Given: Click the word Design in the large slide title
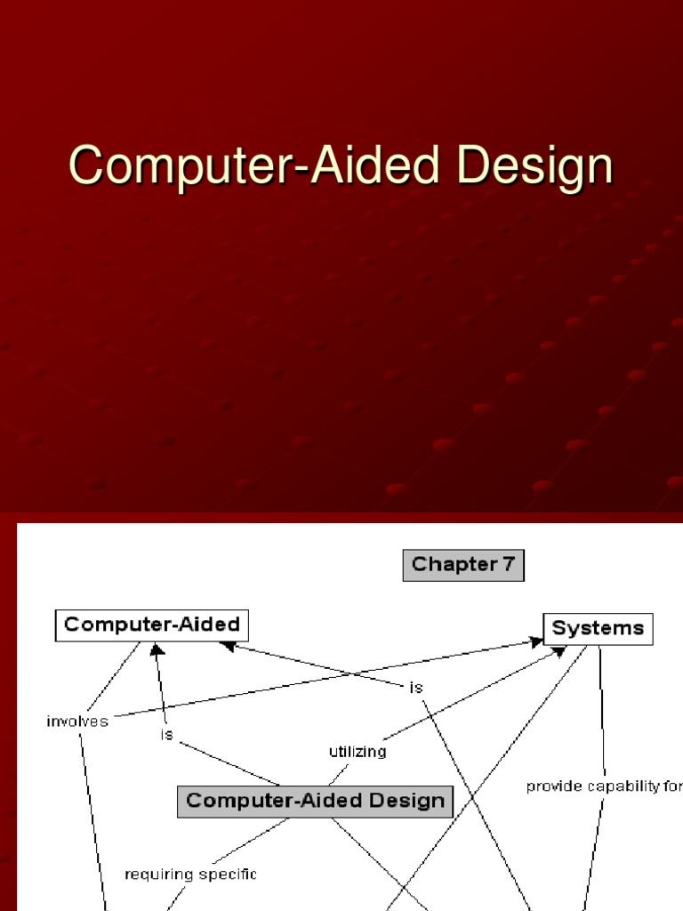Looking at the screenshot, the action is (x=534, y=166).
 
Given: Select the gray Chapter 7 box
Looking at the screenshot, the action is (x=463, y=565).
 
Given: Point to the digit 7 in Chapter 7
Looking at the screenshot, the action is (x=508, y=563).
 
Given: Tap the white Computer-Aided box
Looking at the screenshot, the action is (x=151, y=625).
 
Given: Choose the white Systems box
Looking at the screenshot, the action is (x=599, y=629).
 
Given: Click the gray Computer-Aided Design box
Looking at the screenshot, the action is (x=315, y=802).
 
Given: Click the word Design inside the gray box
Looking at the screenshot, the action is (x=406, y=802).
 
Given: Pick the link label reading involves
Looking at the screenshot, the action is (x=77, y=722).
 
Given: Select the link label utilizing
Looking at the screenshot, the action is (x=358, y=752).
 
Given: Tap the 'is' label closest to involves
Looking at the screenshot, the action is (x=166, y=735).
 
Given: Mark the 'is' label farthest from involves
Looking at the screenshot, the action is (x=416, y=688).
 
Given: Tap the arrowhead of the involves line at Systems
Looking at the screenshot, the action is (x=536, y=642).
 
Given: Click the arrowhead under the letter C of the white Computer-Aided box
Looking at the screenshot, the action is (x=157, y=649).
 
